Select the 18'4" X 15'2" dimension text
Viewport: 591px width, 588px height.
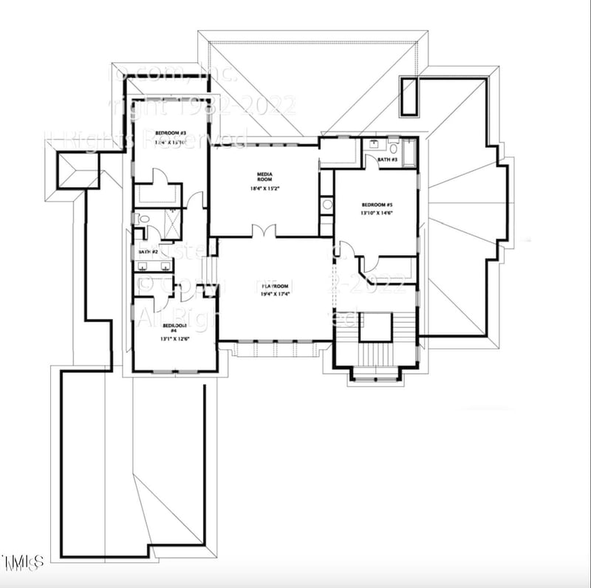pyautogui.click(x=264, y=189)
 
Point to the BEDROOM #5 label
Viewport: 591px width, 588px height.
pyautogui.click(x=377, y=205)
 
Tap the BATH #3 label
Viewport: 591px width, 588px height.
pyautogui.click(x=388, y=160)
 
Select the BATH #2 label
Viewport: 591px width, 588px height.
pyautogui.click(x=148, y=253)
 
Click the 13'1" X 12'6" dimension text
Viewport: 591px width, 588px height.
pyautogui.click(x=174, y=339)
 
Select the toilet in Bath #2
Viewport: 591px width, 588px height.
pyautogui.click(x=143, y=219)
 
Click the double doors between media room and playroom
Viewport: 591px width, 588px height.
pyautogui.click(x=264, y=231)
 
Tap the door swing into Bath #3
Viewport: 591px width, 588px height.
pyautogui.click(x=372, y=162)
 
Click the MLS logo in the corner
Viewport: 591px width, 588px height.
pyautogui.click(x=22, y=561)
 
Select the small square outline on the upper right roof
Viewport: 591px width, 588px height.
pyautogui.click(x=409, y=96)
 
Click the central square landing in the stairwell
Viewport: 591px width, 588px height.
pyautogui.click(x=375, y=327)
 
